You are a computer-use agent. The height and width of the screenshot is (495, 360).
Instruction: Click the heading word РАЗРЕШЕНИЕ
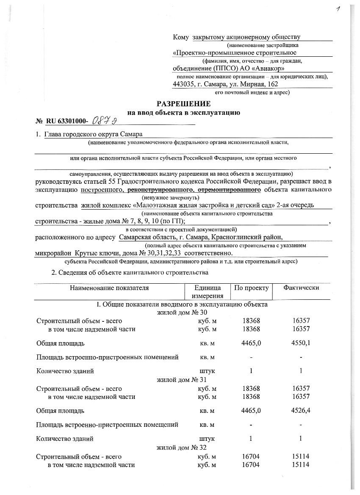(183, 104)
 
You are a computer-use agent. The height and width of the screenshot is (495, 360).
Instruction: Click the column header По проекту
(251, 288)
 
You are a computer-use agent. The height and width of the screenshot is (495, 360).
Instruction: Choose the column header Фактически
(301, 288)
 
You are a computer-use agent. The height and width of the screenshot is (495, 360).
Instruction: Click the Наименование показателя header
(109, 288)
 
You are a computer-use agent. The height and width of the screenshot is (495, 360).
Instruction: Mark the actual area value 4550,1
(301, 343)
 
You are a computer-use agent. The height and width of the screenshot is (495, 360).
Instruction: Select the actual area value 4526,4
(301, 410)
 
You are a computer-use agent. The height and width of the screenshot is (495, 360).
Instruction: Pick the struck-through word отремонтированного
(228, 189)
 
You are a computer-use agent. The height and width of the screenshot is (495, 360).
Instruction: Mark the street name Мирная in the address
(252, 84)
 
